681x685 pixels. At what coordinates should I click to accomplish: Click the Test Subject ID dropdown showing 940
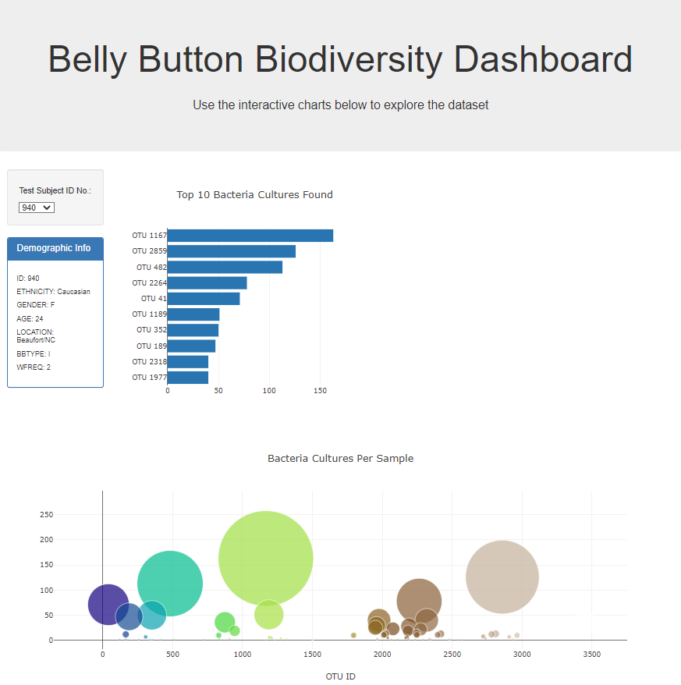coord(37,208)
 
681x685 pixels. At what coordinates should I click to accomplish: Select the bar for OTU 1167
coord(250,236)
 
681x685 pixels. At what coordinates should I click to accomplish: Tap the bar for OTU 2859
coord(231,251)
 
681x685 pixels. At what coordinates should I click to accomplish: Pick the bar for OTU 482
coord(225,267)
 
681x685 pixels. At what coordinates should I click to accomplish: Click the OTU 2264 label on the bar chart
coord(149,282)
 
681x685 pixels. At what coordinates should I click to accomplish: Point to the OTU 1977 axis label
coord(149,378)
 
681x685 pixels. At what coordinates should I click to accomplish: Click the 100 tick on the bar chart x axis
coord(269,390)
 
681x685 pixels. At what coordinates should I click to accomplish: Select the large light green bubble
coord(266,558)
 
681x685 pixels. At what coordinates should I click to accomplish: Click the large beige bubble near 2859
coord(502,577)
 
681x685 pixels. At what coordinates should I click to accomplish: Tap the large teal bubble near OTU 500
coord(170,583)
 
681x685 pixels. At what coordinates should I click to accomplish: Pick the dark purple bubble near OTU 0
coord(108,604)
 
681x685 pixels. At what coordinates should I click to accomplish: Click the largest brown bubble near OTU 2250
coord(419,601)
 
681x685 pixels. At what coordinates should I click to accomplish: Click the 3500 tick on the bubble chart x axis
coord(591,655)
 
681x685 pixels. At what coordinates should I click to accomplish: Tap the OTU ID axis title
coord(340,676)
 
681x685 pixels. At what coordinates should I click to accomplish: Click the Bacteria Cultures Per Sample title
coord(340,458)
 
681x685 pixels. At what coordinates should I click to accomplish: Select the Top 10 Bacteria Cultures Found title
coord(254,194)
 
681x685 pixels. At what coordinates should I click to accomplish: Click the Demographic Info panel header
coord(55,248)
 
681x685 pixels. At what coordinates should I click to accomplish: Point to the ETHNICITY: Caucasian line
coord(53,292)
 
